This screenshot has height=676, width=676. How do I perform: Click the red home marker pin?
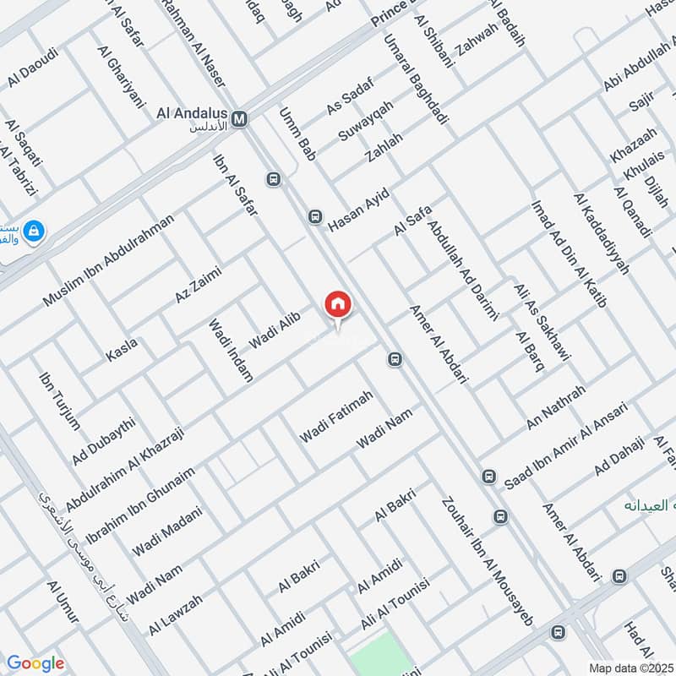coord(337,304)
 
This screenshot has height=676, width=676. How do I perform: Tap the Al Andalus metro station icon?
coord(241,119)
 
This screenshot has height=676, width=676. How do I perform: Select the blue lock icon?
coord(34,231)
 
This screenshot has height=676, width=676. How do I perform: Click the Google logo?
coord(35,663)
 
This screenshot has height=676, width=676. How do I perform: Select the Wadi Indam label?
coord(230,351)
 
